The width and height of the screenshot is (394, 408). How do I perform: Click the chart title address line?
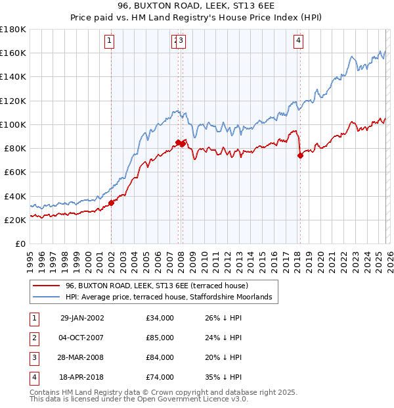tap(197, 6)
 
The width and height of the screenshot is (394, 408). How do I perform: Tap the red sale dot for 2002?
tap(112, 203)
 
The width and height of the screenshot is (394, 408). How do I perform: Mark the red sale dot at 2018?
tap(300, 156)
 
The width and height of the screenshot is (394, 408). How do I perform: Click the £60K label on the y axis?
tap(15, 172)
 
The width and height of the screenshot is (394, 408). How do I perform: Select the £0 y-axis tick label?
tap(20, 243)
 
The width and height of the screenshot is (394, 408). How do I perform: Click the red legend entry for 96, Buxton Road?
tap(156, 286)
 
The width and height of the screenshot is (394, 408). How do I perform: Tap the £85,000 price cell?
tap(160, 338)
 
